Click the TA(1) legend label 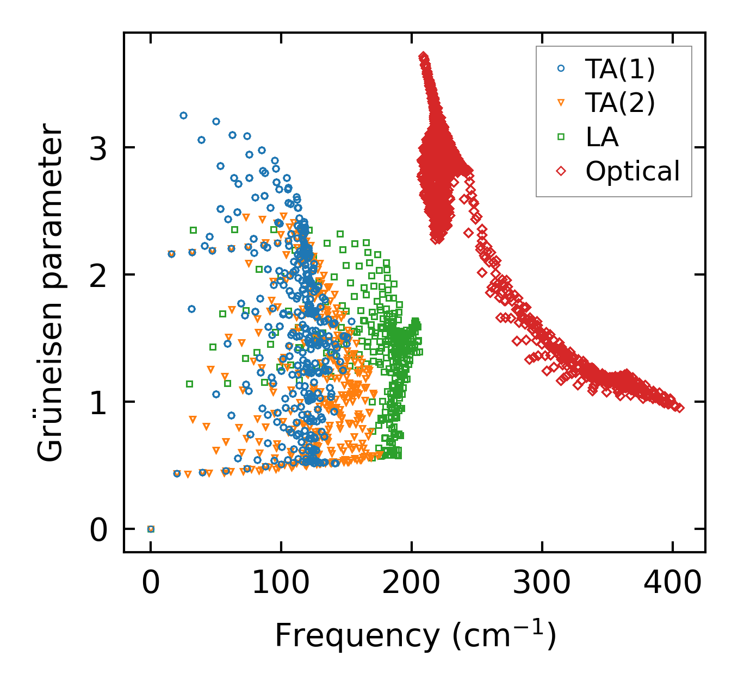pyautogui.click(x=620, y=69)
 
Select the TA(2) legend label pyautogui.click(x=620, y=103)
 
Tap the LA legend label pyautogui.click(x=602, y=137)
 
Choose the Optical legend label pyautogui.click(x=632, y=171)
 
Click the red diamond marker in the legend pyautogui.click(x=561, y=171)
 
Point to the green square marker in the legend pyautogui.click(x=561, y=137)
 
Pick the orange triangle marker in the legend pyautogui.click(x=561, y=103)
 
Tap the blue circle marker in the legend pyautogui.click(x=561, y=68)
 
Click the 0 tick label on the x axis pyautogui.click(x=151, y=583)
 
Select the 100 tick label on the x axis pyautogui.click(x=281, y=583)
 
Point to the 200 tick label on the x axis pyautogui.click(x=411, y=583)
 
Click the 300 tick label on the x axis pyautogui.click(x=542, y=583)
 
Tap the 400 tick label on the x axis pyautogui.click(x=672, y=583)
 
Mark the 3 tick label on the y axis pyautogui.click(x=98, y=147)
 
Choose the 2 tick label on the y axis pyautogui.click(x=98, y=274)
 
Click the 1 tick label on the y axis pyautogui.click(x=98, y=402)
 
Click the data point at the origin pyautogui.click(x=151, y=529)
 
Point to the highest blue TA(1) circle pyautogui.click(x=183, y=115)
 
